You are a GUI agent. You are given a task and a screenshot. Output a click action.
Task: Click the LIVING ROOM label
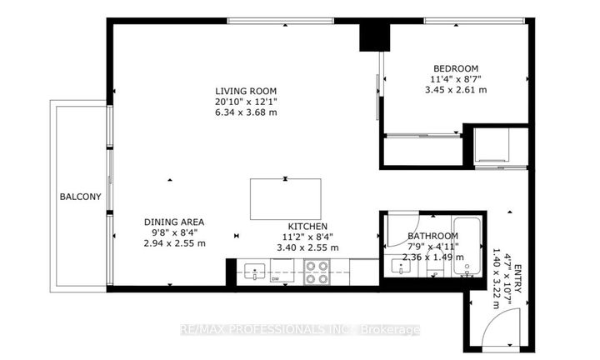pyautogui.click(x=245, y=91)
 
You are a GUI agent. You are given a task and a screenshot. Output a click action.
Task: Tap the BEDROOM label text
pyautogui.click(x=454, y=68)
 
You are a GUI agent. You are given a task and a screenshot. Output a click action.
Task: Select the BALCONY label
pyautogui.click(x=80, y=197)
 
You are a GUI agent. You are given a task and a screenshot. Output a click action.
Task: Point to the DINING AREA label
pyautogui.click(x=174, y=222)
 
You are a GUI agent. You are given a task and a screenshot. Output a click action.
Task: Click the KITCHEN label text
pyautogui.click(x=307, y=226)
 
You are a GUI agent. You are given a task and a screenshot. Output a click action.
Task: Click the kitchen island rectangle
pyautogui.click(x=284, y=199)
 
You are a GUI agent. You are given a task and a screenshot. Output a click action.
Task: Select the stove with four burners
pyautogui.click(x=317, y=273)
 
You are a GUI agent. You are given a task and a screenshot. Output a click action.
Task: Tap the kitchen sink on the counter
pyautogui.click(x=253, y=272)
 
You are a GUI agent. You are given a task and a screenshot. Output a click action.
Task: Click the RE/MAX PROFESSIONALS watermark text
pyautogui.click(x=300, y=330)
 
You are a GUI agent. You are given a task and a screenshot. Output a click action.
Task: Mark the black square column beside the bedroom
pyautogui.click(x=374, y=37)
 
